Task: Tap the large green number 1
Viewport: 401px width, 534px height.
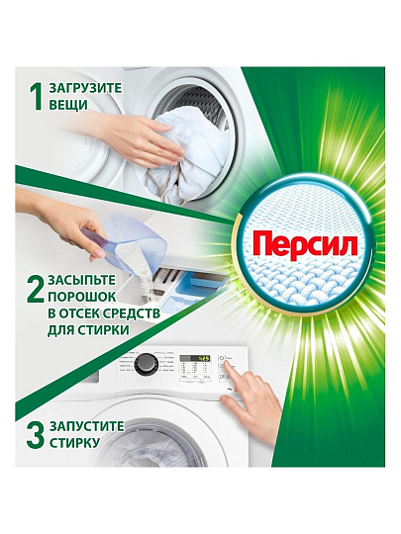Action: [36, 97]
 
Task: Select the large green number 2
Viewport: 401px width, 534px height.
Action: [35, 290]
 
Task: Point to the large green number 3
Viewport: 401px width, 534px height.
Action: [35, 435]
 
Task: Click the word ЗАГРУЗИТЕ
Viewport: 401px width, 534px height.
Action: [85, 88]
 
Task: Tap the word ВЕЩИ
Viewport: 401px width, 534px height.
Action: [68, 105]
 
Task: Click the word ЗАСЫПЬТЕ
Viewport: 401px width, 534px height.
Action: [82, 280]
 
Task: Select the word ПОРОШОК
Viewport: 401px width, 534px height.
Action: [82, 297]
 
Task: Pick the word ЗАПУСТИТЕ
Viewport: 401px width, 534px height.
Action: [86, 426]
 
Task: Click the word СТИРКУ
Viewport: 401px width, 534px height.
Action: [74, 443]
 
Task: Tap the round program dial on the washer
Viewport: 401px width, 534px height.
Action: [147, 364]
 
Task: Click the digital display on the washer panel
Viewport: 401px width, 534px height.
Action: [195, 359]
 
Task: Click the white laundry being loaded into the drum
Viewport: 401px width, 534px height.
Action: [186, 153]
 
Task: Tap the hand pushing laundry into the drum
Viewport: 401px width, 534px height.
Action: [137, 136]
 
